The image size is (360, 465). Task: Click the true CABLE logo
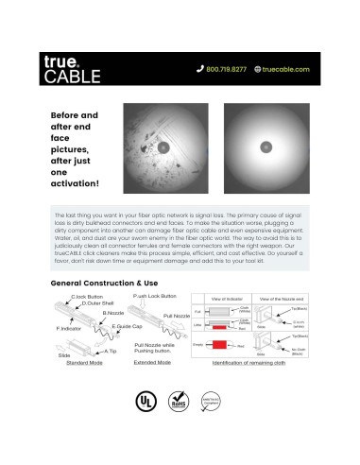click(x=68, y=68)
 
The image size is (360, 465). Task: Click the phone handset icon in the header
click(x=199, y=69)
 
